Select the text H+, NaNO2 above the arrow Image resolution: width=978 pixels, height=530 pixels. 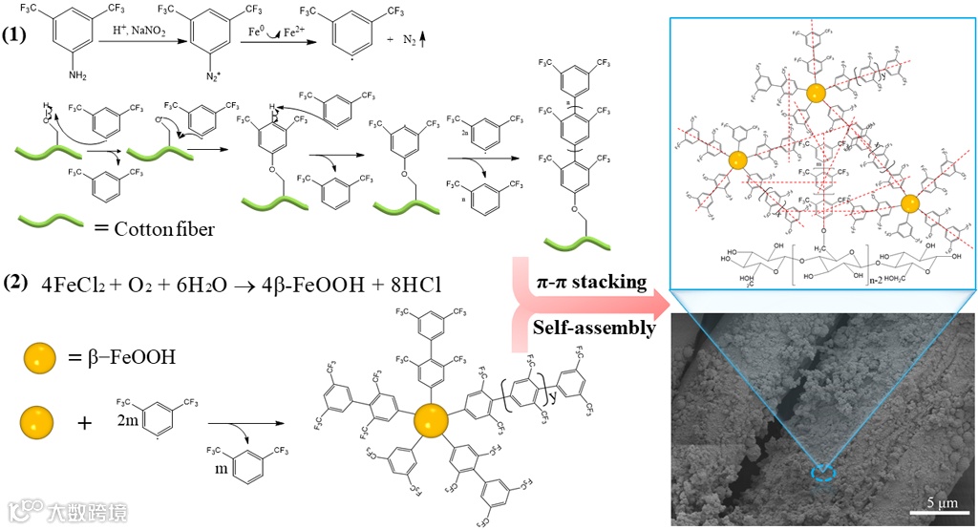142,32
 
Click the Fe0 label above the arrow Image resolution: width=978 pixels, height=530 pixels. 257,34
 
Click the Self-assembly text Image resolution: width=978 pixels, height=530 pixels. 593,328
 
